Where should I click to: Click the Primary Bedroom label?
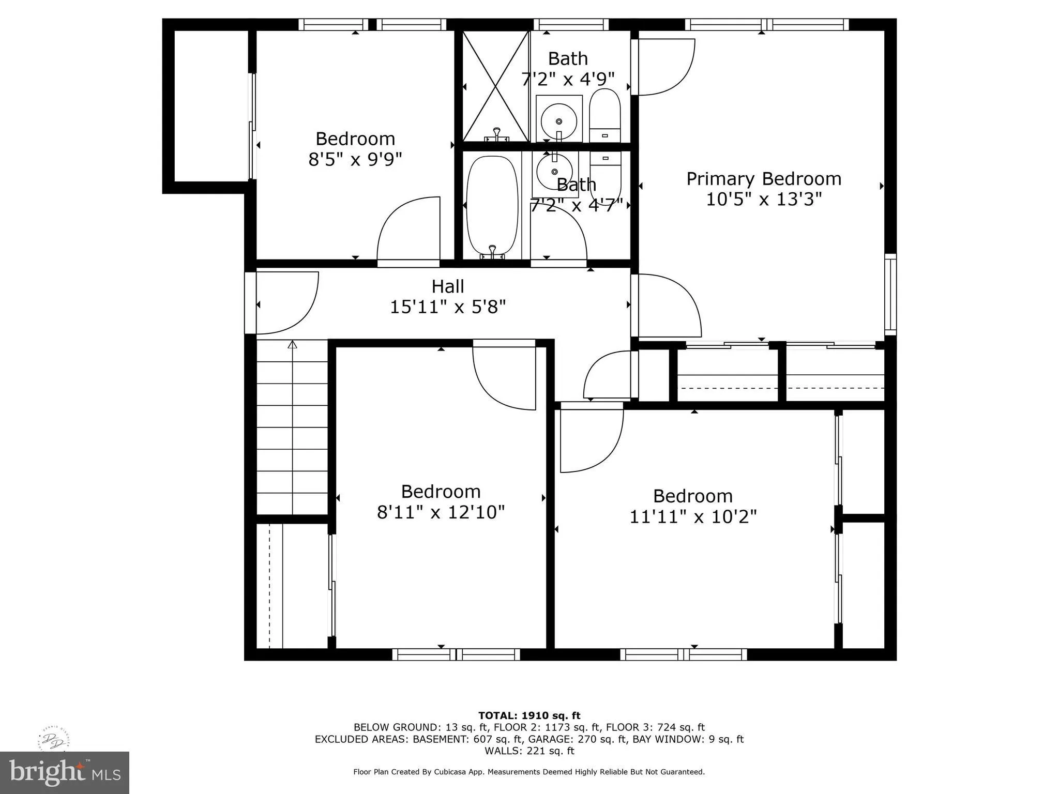pyautogui.click(x=763, y=179)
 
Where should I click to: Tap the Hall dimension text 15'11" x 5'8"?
pyautogui.click(x=447, y=307)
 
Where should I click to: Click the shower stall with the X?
pyautogui.click(x=495, y=86)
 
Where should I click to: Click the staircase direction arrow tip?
pyautogui.click(x=293, y=343)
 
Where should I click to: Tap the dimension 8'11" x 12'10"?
pyautogui.click(x=441, y=512)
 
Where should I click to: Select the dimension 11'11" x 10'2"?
pyautogui.click(x=693, y=516)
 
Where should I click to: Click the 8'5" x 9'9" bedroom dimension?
pyautogui.click(x=355, y=159)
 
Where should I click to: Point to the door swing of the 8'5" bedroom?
pyautogui.click(x=409, y=230)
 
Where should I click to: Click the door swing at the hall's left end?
pyautogui.click(x=287, y=303)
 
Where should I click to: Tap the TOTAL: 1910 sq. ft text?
pyautogui.click(x=529, y=715)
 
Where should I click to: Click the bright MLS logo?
pyautogui.click(x=64, y=772)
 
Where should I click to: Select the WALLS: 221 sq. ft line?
pyautogui.click(x=529, y=751)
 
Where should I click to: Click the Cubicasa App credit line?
pyautogui.click(x=529, y=772)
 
